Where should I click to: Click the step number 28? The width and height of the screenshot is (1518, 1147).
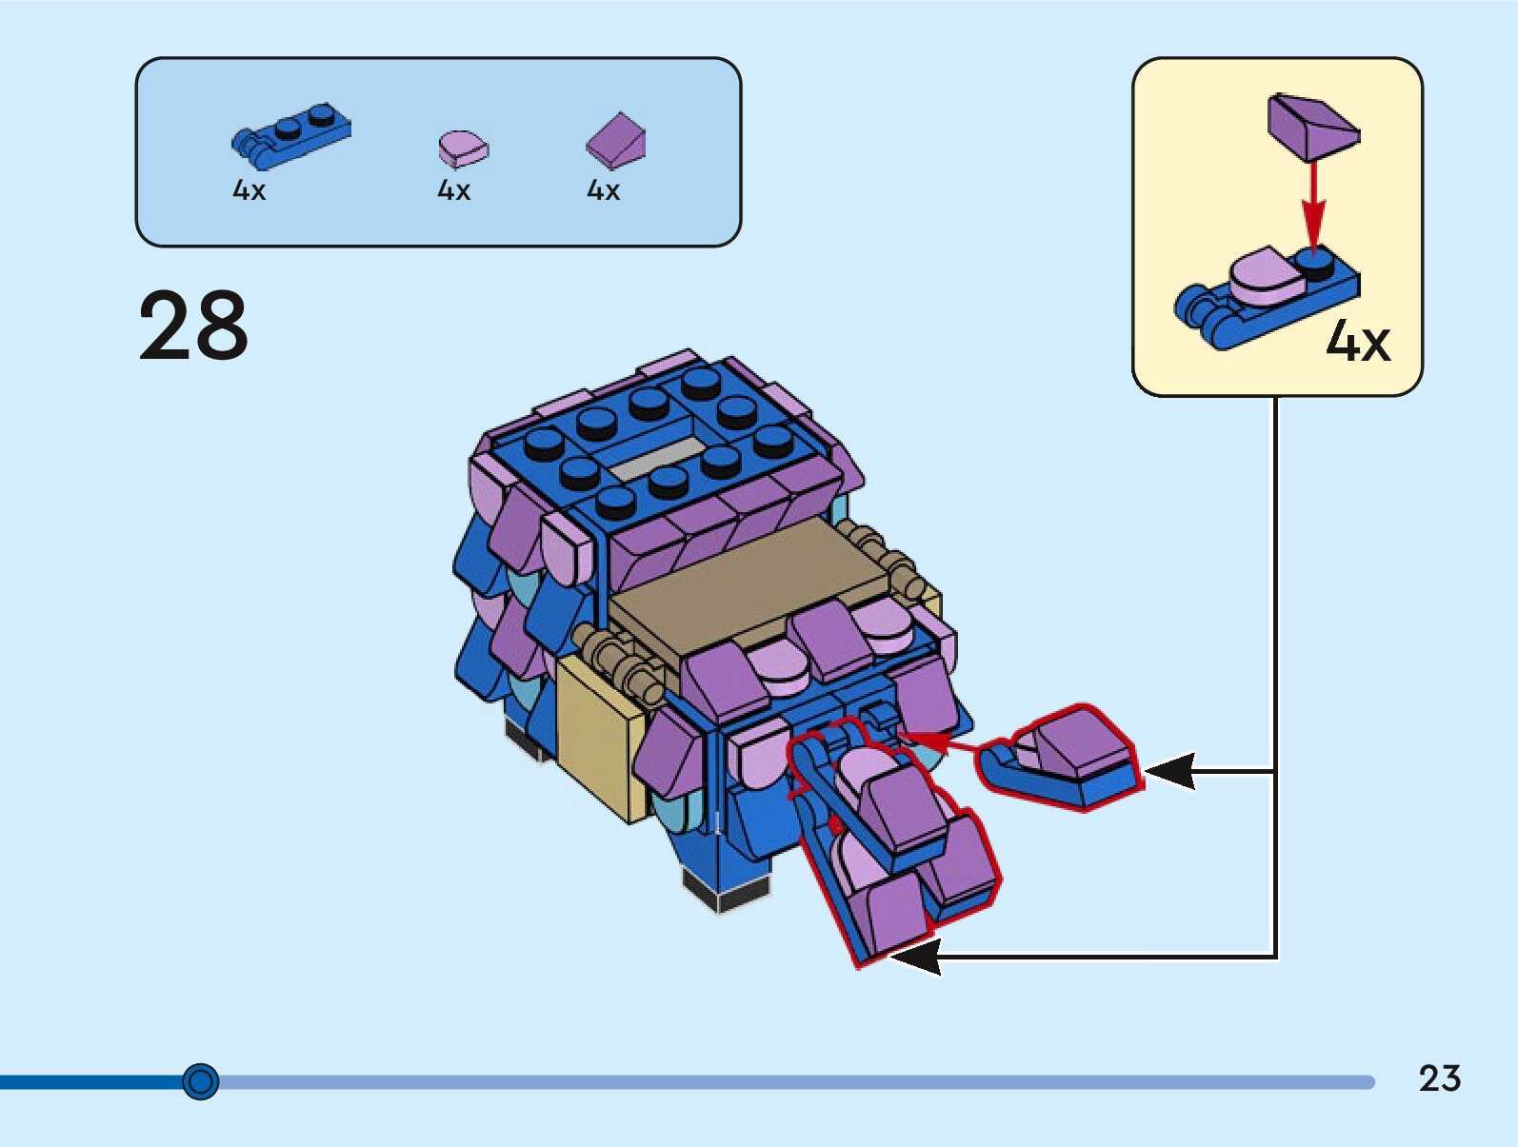[x=193, y=326]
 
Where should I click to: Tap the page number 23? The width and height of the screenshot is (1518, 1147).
[x=1439, y=1078]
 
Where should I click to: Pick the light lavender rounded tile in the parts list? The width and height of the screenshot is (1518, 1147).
[x=463, y=148]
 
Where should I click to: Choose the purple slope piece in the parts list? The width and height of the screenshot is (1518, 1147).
[x=616, y=141]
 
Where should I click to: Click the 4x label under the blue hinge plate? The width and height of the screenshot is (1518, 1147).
[x=249, y=190]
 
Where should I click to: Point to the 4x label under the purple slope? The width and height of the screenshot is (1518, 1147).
[x=603, y=190]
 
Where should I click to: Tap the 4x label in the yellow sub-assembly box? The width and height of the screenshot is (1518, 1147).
[x=1358, y=341]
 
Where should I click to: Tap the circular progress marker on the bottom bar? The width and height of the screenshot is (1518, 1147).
[x=200, y=1081]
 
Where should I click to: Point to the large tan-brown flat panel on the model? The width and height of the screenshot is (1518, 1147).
[x=752, y=586]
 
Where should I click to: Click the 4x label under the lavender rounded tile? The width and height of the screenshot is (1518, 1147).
[x=453, y=190]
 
